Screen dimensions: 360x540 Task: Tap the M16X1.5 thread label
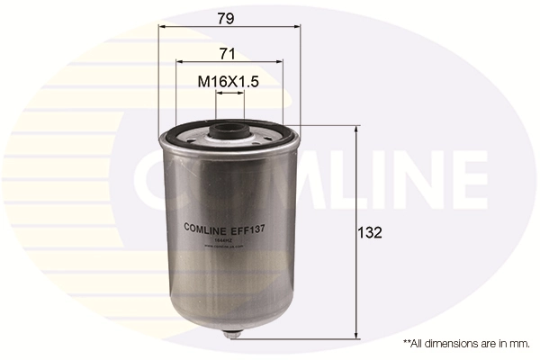pos(229,82)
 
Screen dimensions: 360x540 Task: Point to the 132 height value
pos(371,232)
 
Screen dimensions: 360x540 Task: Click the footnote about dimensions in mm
pos(465,344)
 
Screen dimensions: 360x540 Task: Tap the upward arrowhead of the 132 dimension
pos(357,130)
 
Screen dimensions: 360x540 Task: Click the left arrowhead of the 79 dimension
pos(162,27)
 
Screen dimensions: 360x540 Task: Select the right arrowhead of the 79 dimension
pos(297,27)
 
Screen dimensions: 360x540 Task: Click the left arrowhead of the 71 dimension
pos(178,62)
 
